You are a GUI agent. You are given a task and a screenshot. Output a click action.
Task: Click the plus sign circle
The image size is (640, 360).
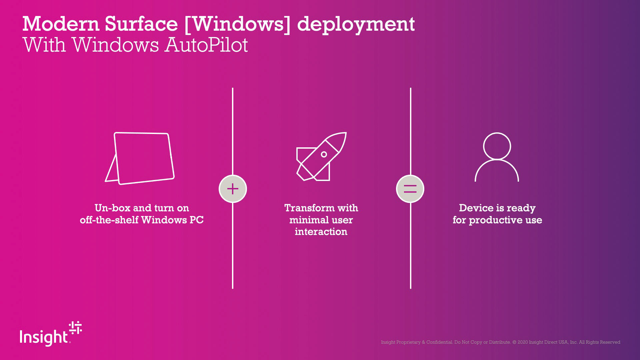pos(233,189)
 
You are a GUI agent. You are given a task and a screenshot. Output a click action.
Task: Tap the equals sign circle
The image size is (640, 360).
pos(410,189)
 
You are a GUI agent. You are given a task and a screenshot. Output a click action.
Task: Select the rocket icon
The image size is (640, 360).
pos(321,157)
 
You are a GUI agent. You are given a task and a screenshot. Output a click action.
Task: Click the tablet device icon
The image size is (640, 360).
pos(140,159)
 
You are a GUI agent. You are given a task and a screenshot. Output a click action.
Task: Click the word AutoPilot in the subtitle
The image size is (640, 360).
pos(206,45)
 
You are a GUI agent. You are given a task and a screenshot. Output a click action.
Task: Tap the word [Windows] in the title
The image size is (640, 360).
pos(237,24)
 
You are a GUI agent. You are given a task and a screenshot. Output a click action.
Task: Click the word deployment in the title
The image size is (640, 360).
pos(356,25)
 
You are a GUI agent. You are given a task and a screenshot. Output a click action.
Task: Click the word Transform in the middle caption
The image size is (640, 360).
pos(309,208)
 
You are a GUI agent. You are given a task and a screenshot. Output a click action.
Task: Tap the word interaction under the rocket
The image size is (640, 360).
pos(321,232)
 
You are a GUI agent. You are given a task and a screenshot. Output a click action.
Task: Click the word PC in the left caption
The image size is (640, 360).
pos(196,220)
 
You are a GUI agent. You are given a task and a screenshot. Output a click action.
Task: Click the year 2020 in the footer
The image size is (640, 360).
pos(523,342)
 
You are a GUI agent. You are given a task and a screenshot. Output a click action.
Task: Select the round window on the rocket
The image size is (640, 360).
pos(324,154)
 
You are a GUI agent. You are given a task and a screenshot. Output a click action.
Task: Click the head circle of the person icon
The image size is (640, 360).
pos(497,146)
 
